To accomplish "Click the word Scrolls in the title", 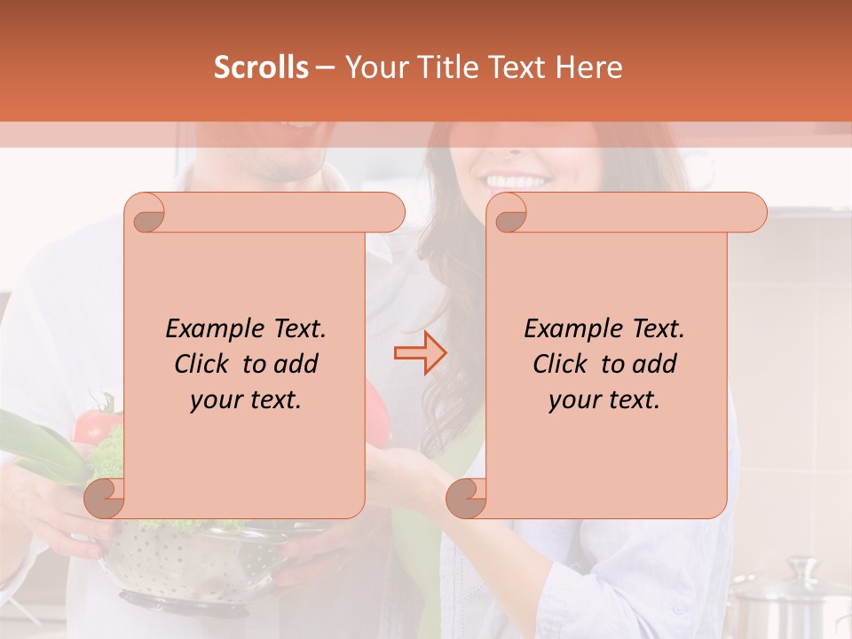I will point(261,67).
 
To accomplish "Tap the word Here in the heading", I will point(588,67).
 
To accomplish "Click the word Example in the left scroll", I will point(211,328).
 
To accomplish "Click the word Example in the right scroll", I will point(570,328).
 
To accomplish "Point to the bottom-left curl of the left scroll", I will point(105,497).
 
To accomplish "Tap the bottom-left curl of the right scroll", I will point(466,497).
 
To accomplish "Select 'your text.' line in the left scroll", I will point(246,399).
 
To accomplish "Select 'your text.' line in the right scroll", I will point(604,399).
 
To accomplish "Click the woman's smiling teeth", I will point(517,181).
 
